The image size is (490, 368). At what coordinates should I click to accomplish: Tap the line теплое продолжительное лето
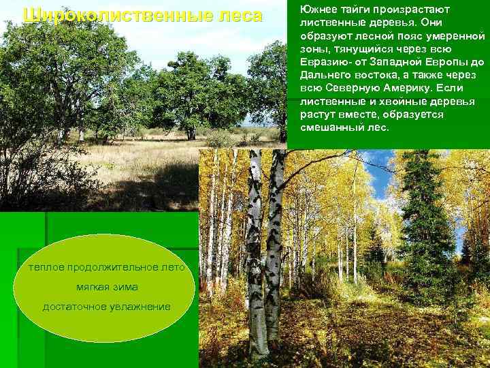[106, 267]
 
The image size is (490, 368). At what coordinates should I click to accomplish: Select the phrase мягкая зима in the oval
[106, 287]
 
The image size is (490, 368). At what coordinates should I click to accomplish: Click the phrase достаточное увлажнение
[106, 307]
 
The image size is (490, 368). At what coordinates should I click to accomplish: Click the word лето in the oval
[173, 267]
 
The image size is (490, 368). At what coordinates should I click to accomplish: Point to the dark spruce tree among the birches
[425, 218]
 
